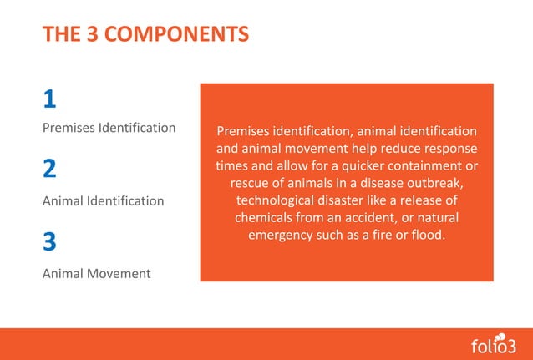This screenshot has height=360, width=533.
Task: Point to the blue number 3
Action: pyautogui.click(x=49, y=242)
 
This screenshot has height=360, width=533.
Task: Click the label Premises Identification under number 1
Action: pyautogui.click(x=109, y=128)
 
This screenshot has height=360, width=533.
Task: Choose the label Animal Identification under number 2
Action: pyautogui.click(x=103, y=200)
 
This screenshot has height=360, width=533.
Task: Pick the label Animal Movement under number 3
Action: pyautogui.click(x=96, y=273)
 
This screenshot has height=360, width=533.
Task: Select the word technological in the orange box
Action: pyautogui.click(x=277, y=200)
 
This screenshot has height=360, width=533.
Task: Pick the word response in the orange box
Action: pyautogui.click(x=450, y=149)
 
